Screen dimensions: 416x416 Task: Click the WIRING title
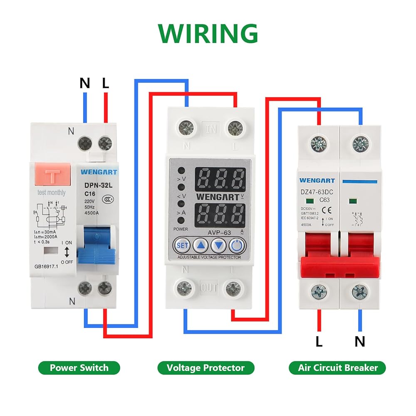208,34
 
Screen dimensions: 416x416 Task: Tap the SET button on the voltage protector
182,245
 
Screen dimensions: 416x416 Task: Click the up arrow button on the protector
201,245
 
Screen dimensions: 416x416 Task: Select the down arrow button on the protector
218,245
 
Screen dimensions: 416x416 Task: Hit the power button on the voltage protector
236,245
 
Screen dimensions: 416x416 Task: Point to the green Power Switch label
79,368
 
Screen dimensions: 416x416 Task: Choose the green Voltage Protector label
206,368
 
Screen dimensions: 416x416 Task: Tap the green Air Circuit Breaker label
338,368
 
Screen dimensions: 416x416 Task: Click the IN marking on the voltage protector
211,129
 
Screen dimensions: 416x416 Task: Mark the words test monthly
52,193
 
